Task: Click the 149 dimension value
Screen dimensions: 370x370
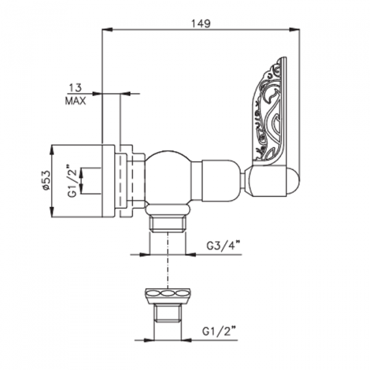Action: point(200,23)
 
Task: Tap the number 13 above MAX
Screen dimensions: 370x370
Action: point(75,88)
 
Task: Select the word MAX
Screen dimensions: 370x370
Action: point(75,101)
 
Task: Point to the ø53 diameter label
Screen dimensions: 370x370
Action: point(46,180)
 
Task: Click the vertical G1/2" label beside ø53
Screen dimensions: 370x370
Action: point(72,180)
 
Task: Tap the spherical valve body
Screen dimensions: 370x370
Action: point(168,178)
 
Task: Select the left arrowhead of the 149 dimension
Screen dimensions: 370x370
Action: point(107,30)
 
